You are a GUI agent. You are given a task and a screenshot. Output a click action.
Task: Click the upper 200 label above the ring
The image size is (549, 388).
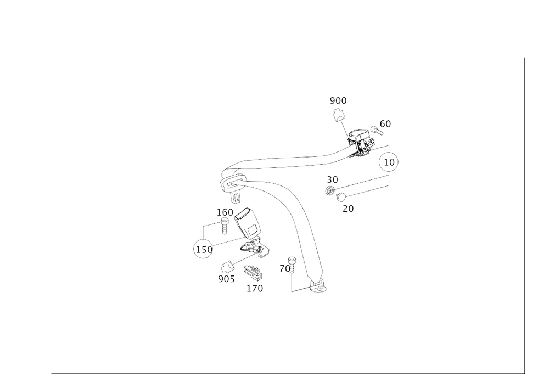338,100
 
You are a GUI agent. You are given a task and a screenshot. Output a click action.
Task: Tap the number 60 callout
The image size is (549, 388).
386,125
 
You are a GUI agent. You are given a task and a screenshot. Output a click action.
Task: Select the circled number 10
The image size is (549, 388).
388,162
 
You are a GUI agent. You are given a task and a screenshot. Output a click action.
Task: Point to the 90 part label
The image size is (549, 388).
332,179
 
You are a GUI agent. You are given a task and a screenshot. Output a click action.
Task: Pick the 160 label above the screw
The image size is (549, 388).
224,211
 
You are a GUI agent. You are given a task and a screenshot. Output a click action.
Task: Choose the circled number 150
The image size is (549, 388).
203,250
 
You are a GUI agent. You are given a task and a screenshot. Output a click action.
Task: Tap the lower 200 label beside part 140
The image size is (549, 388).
226,279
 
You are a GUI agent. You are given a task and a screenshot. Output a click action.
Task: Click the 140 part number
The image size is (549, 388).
255,287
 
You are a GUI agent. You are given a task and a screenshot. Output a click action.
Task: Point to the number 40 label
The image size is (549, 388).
285,268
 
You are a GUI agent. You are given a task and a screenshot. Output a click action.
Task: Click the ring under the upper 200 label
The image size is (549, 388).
339,115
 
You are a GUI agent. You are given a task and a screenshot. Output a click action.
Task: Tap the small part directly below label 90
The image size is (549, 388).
329,191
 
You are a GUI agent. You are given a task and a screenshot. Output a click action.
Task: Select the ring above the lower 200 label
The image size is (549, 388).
225,268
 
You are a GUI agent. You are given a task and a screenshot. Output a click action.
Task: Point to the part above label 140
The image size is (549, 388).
252,272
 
